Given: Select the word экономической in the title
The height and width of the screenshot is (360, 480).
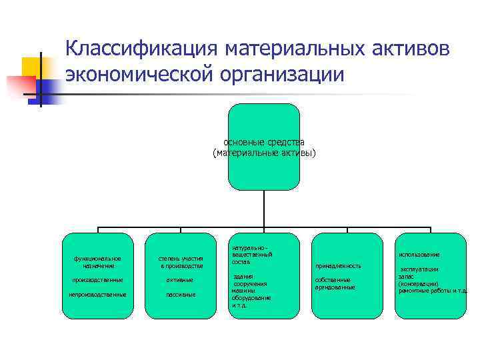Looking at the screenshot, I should (x=137, y=74).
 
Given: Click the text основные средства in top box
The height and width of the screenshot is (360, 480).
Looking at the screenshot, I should (x=264, y=142).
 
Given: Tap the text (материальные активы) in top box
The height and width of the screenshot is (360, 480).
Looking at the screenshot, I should (x=264, y=153).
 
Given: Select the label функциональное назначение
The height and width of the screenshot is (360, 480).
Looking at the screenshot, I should (x=97, y=262).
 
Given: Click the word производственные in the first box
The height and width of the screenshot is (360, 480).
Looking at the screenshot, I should (x=97, y=279).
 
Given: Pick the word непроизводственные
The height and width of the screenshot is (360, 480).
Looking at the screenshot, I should (x=97, y=294).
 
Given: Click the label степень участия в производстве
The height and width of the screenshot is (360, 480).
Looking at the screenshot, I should (x=181, y=262).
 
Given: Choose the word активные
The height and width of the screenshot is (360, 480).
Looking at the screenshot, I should (x=181, y=279).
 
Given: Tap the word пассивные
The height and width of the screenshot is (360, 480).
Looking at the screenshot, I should (x=181, y=294).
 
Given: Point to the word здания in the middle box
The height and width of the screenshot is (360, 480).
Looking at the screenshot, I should (x=243, y=276).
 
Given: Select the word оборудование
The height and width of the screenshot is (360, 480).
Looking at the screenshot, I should (x=251, y=298).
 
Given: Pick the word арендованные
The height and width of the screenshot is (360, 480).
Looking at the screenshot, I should (x=335, y=287).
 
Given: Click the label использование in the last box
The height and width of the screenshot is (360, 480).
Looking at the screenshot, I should (x=419, y=255).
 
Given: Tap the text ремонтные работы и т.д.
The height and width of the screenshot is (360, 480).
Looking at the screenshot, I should (x=432, y=291).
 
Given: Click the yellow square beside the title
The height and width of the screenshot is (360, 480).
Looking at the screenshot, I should (x=33, y=67).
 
